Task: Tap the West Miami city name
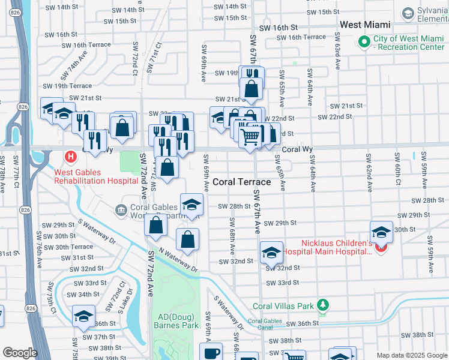pyautogui.click(x=365, y=25)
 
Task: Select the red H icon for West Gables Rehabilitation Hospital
pyautogui.click(x=71, y=157)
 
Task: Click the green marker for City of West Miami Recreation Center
pyautogui.click(x=363, y=41)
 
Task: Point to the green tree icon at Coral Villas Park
pyautogui.click(x=324, y=305)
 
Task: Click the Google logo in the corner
pyautogui.click(x=20, y=353)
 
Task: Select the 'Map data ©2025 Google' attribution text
pyautogui.click(x=411, y=355)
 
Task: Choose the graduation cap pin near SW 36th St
pyautogui.click(x=83, y=315)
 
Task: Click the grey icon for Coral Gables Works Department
pyautogui.click(x=121, y=209)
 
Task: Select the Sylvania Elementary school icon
pyautogui.click(x=408, y=13)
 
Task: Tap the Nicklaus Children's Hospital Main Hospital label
pyautogui.click(x=327, y=247)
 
